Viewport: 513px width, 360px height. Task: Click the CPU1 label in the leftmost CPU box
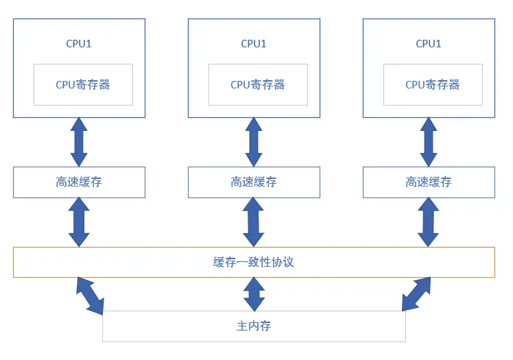click(x=79, y=44)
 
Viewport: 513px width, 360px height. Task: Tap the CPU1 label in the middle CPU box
click(x=254, y=44)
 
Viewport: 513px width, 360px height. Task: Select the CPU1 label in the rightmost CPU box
click(x=429, y=44)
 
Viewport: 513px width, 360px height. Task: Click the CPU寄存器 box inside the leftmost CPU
click(x=83, y=85)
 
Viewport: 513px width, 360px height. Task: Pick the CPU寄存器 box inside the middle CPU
click(x=258, y=85)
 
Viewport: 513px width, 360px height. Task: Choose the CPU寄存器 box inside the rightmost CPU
click(x=433, y=85)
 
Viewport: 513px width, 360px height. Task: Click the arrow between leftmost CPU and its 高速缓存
click(x=79, y=142)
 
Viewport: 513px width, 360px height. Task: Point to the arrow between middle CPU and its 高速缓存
click(x=254, y=142)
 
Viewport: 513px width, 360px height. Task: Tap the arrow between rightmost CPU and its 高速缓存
click(x=429, y=142)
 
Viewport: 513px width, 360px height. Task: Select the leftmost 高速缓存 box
click(x=79, y=182)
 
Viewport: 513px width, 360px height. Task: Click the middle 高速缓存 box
click(x=254, y=182)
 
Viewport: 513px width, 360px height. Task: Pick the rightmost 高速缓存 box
click(x=429, y=182)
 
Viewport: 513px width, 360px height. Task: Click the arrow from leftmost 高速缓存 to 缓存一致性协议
click(x=79, y=222)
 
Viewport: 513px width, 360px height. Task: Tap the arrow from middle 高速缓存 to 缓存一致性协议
click(x=254, y=222)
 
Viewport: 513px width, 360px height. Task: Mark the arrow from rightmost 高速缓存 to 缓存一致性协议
click(x=429, y=222)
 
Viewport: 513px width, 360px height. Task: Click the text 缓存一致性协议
click(x=254, y=263)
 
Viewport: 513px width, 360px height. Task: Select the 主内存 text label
click(x=254, y=326)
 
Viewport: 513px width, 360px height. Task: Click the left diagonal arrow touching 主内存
click(x=91, y=294)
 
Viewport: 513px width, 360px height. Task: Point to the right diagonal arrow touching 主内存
click(x=417, y=294)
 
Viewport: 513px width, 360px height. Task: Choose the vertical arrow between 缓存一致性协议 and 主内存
click(x=254, y=294)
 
